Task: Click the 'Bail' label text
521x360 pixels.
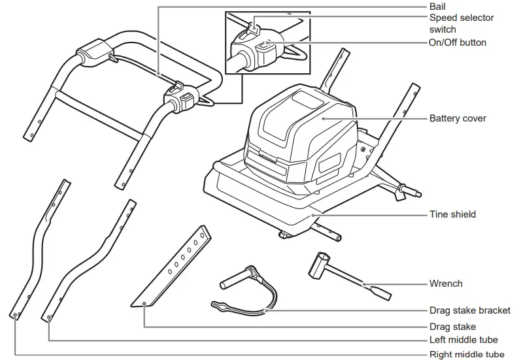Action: tap(439, 6)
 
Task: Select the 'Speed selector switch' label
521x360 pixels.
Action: tap(462, 24)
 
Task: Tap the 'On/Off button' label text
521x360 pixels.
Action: tap(458, 42)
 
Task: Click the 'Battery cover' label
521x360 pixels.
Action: tap(458, 119)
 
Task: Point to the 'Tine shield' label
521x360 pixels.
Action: tap(452, 214)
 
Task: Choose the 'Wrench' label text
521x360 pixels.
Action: tap(446, 284)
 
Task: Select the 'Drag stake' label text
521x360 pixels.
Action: tap(452, 326)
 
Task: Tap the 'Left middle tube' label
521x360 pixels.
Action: tap(463, 340)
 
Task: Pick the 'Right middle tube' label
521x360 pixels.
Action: tap(467, 354)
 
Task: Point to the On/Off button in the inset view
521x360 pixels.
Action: tap(265, 46)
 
